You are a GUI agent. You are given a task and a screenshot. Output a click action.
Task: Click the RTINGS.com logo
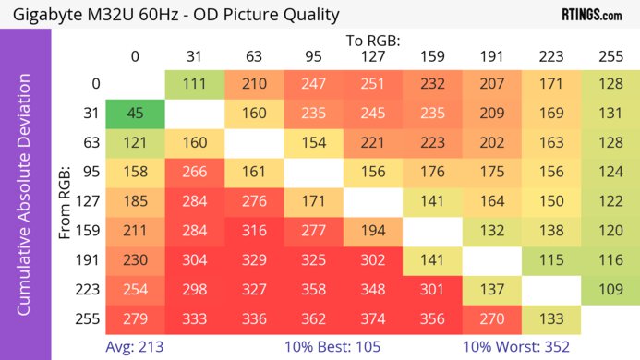click(591, 15)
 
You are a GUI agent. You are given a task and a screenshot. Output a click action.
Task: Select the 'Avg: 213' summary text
click(133, 348)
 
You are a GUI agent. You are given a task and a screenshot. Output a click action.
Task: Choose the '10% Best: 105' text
click(334, 348)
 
